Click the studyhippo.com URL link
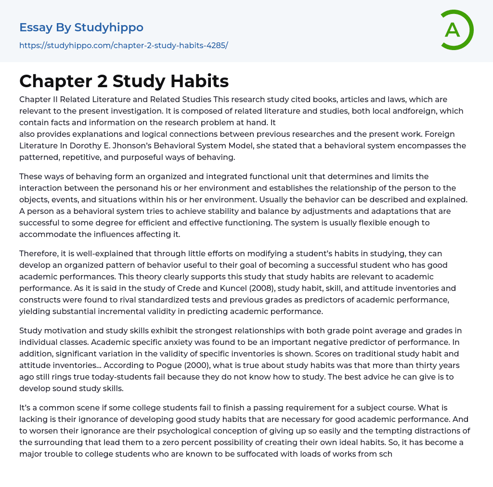click(123, 45)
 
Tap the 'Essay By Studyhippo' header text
click(81, 27)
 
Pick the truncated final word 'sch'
click(386, 454)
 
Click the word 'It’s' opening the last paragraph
click(27, 408)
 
